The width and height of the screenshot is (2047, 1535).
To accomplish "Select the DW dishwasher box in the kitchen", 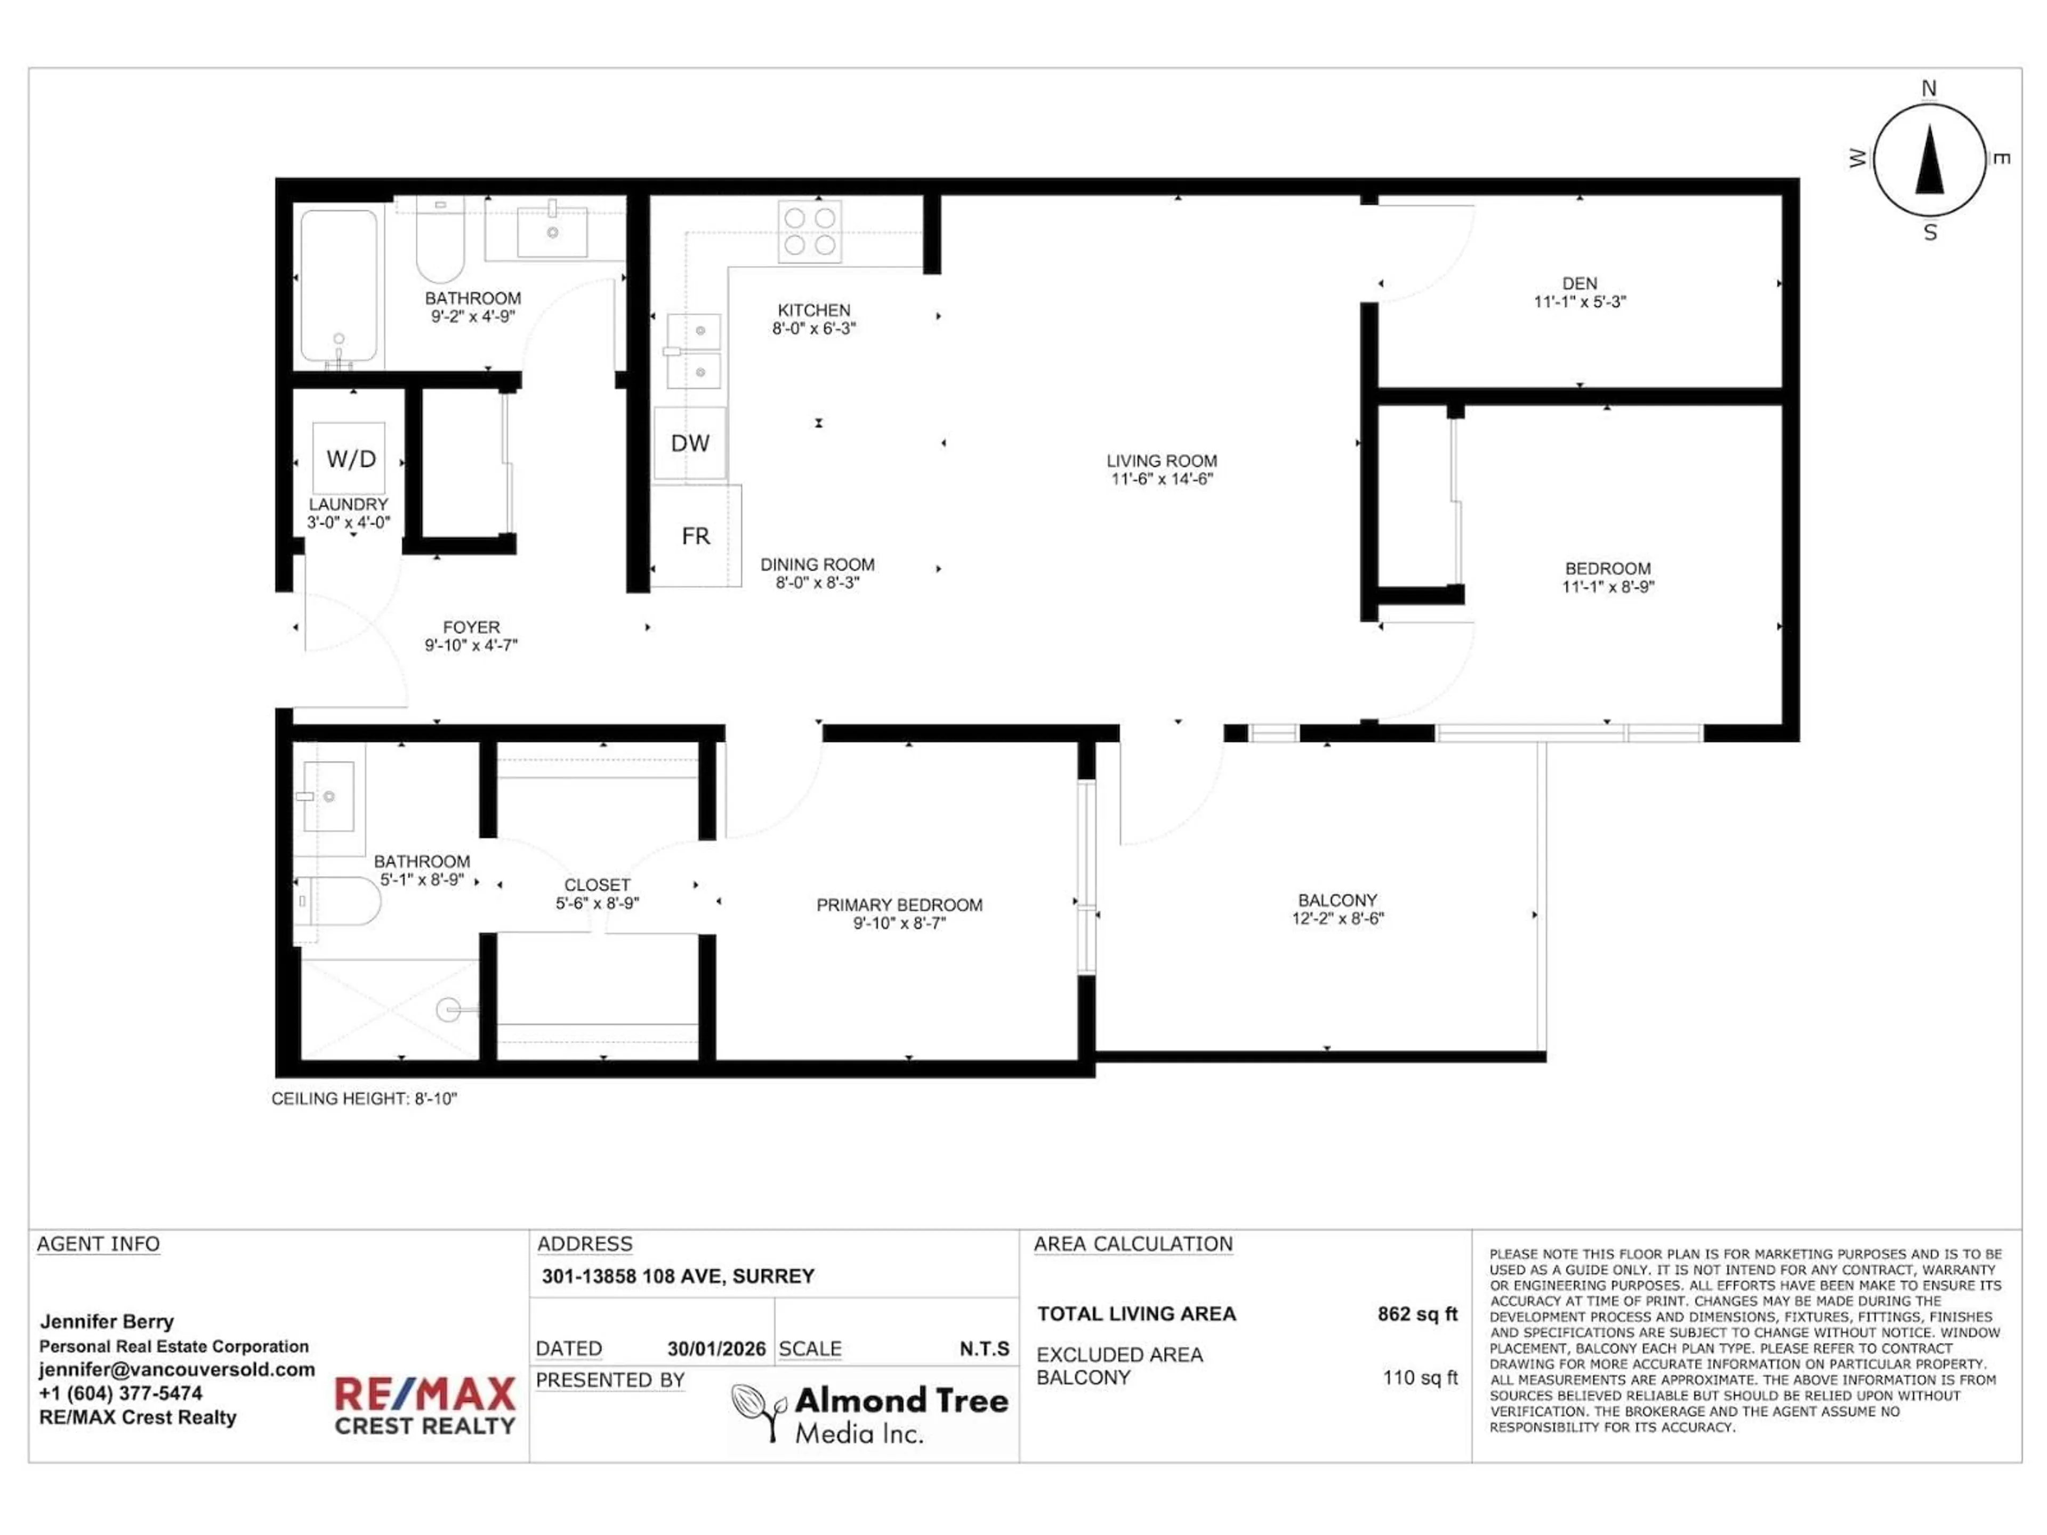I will pyautogui.click(x=689, y=444).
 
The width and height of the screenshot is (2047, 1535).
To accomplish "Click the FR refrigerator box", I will pyautogui.click(x=695, y=536).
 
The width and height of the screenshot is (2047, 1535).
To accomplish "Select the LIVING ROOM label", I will pyautogui.click(x=1162, y=461).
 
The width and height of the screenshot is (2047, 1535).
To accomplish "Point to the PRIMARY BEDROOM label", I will pyautogui.click(x=899, y=905).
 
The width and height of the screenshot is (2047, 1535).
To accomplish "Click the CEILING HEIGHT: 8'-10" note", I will pyautogui.click(x=364, y=1098).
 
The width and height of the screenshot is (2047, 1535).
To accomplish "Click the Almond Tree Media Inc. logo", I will pyautogui.click(x=870, y=1413).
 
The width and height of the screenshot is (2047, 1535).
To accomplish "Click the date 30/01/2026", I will pyautogui.click(x=716, y=1349).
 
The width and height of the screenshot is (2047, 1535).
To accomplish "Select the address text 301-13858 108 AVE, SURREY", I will pyautogui.click(x=678, y=1276).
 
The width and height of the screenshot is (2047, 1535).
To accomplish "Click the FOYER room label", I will pyautogui.click(x=471, y=627).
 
